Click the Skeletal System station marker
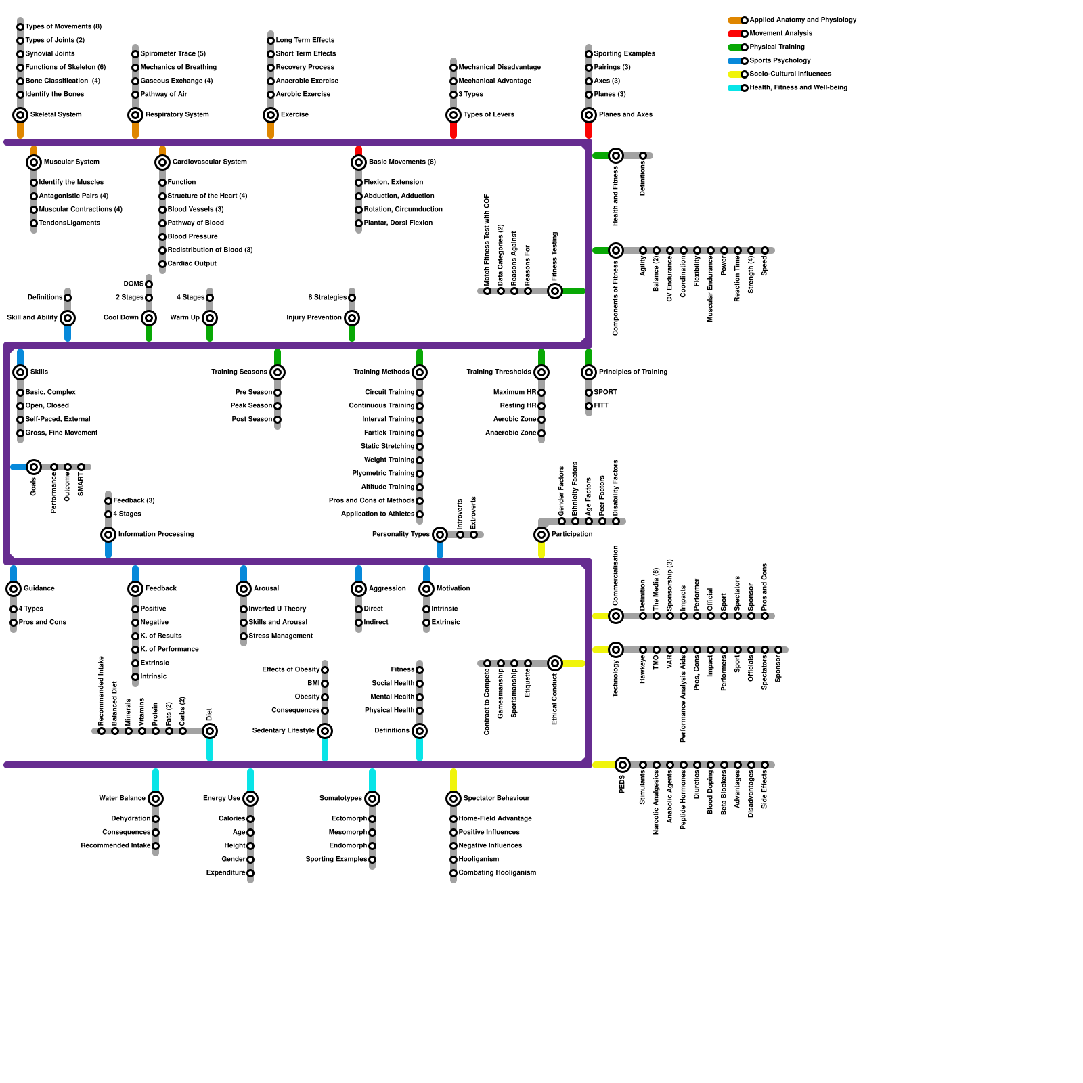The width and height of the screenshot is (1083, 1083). tap(20, 115)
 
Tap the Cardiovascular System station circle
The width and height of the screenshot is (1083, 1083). tap(162, 162)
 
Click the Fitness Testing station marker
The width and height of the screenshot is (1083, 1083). tap(555, 291)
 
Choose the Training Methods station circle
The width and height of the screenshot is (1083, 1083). tap(420, 372)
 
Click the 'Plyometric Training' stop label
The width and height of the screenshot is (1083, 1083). tap(383, 474)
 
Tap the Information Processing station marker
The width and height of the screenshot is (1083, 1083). tap(108, 535)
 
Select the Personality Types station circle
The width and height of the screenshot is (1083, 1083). tap(440, 535)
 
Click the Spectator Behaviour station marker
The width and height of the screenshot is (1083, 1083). tap(454, 799)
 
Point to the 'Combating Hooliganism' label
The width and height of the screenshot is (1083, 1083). tap(497, 873)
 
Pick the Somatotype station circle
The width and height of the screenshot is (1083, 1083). tap(372, 799)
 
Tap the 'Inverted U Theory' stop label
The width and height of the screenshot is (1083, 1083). tap(278, 609)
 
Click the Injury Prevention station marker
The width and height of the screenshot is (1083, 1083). tap(352, 318)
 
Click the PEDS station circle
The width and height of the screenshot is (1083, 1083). tap(623, 765)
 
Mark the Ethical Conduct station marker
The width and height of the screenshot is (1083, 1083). tap(555, 663)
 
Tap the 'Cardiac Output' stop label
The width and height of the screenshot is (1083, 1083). tap(192, 264)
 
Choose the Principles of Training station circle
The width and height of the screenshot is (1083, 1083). tap(589, 372)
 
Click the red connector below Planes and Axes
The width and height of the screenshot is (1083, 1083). tap(589, 131)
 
